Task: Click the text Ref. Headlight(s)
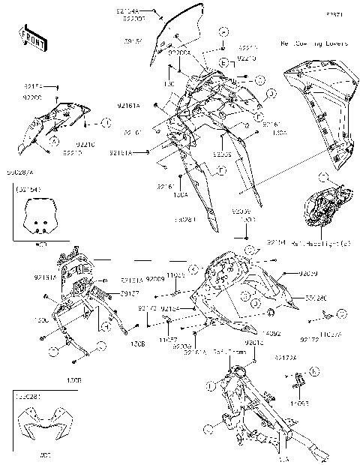pos(315,243)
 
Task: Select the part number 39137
pos(109,293)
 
